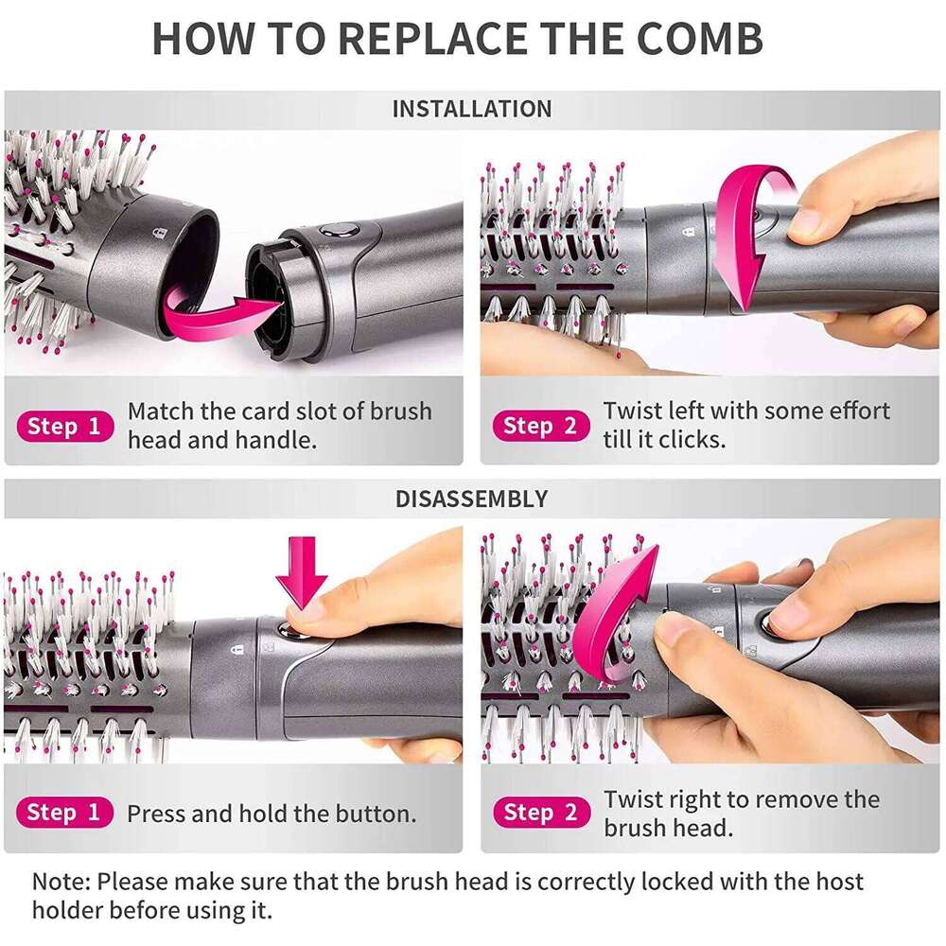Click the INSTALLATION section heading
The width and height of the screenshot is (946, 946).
click(x=471, y=109)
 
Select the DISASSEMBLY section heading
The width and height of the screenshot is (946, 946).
click(x=471, y=499)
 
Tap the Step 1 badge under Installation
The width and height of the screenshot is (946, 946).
click(x=63, y=426)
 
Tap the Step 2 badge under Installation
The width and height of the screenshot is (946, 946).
click(x=540, y=426)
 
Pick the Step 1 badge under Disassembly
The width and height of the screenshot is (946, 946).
click(x=63, y=812)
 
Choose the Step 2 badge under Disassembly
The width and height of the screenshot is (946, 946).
click(x=540, y=812)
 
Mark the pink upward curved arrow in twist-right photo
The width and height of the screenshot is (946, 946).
click(x=615, y=605)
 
